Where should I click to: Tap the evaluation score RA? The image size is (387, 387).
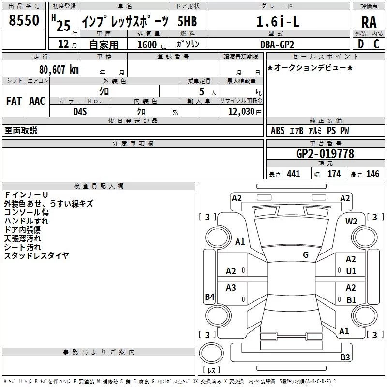tap(369, 22)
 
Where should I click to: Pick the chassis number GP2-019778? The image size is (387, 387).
tap(325, 154)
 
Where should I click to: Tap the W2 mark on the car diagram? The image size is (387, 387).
tap(351, 222)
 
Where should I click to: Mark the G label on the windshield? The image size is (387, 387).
tap(306, 255)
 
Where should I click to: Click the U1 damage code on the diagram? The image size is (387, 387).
tap(351, 271)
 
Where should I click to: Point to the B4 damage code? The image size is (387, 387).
tap(209, 297)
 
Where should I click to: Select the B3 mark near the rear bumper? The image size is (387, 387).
tap(345, 357)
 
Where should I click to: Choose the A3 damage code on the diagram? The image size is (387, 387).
tap(231, 288)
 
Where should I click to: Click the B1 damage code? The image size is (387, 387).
tap(351, 300)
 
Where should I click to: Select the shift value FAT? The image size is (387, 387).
tap(14, 101)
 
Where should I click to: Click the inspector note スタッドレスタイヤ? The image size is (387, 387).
tap(36, 256)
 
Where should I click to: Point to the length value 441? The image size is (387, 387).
tap(293, 174)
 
